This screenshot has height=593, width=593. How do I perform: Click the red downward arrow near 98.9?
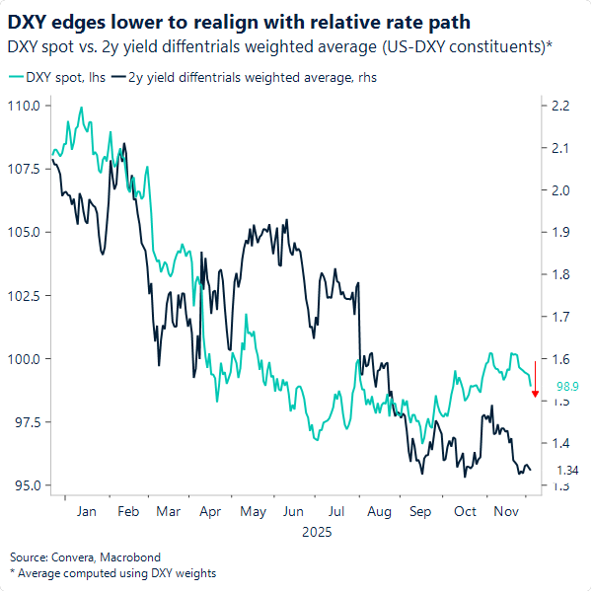point(535,380)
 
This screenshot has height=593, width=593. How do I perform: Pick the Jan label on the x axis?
point(86,511)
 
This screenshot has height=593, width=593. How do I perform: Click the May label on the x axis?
point(254,511)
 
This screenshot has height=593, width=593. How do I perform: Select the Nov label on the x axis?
point(506,511)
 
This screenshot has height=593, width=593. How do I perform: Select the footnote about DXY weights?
point(112,573)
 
